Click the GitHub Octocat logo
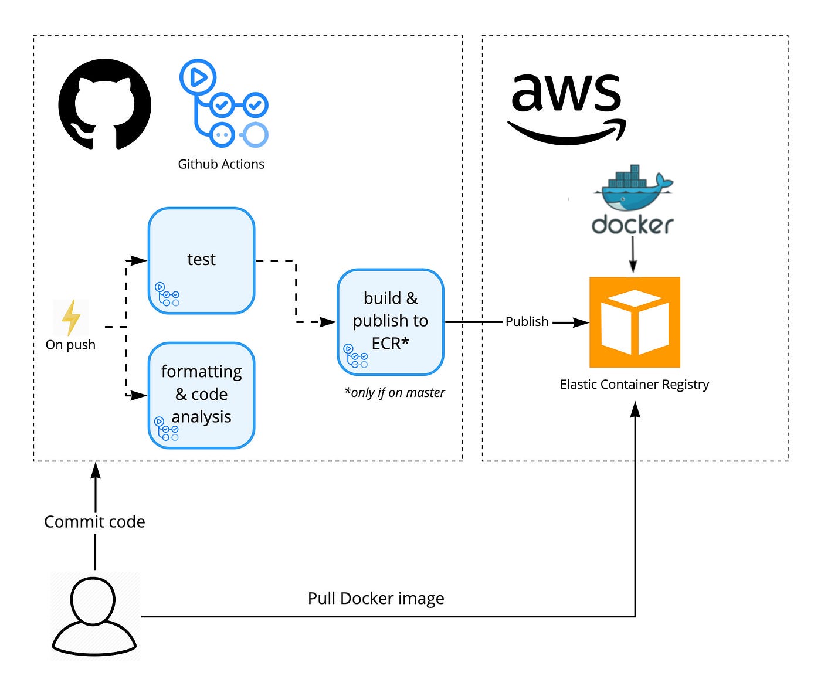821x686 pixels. tap(104, 104)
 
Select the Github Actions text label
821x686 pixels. tap(221, 164)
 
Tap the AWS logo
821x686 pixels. tap(566, 108)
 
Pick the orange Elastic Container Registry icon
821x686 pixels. tap(635, 322)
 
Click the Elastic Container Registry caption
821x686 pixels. tap(635, 385)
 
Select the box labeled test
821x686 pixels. tap(201, 260)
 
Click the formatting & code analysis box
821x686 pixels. tap(201, 395)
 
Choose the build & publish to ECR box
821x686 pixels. tap(390, 321)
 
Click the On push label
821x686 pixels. tap(70, 345)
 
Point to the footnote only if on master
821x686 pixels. tap(395, 393)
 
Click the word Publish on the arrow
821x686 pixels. tap(527, 321)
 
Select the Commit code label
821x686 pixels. tap(94, 522)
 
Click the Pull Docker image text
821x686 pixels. tap(376, 599)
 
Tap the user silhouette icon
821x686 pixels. tap(94, 616)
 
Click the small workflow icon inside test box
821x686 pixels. tap(167, 294)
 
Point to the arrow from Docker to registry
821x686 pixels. tap(632, 254)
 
